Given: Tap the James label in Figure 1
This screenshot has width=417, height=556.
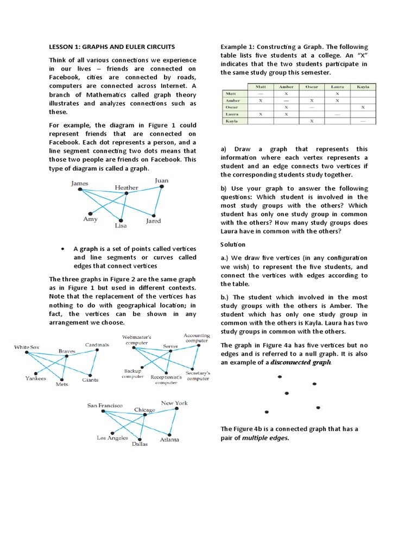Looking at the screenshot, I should [79, 184].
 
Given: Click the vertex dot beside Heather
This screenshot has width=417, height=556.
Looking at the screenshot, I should [127, 193].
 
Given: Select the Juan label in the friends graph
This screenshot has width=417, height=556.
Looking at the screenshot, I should [161, 180].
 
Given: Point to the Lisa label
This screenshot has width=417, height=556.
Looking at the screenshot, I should [121, 225].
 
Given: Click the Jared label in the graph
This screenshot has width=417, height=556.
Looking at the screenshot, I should [153, 221].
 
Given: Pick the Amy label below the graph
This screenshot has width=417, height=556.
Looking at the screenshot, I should [90, 219].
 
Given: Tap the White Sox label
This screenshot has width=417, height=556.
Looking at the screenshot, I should [27, 347].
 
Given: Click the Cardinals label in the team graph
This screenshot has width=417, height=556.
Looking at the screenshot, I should [97, 344].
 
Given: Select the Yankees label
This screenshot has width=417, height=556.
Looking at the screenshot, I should [36, 378].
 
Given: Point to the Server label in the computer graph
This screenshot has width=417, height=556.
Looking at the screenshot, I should [171, 346].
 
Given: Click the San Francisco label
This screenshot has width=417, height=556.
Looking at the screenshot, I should [105, 405].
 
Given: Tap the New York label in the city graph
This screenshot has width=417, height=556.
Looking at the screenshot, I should [174, 403].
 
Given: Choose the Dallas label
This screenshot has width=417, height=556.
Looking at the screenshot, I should [140, 444].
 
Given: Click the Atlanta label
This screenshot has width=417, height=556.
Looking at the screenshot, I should [169, 439].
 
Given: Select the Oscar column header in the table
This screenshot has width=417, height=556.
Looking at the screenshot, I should [311, 86].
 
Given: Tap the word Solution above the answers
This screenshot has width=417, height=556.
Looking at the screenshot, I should [233, 244].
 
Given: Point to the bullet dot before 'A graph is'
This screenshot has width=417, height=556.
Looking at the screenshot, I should [64, 248].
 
